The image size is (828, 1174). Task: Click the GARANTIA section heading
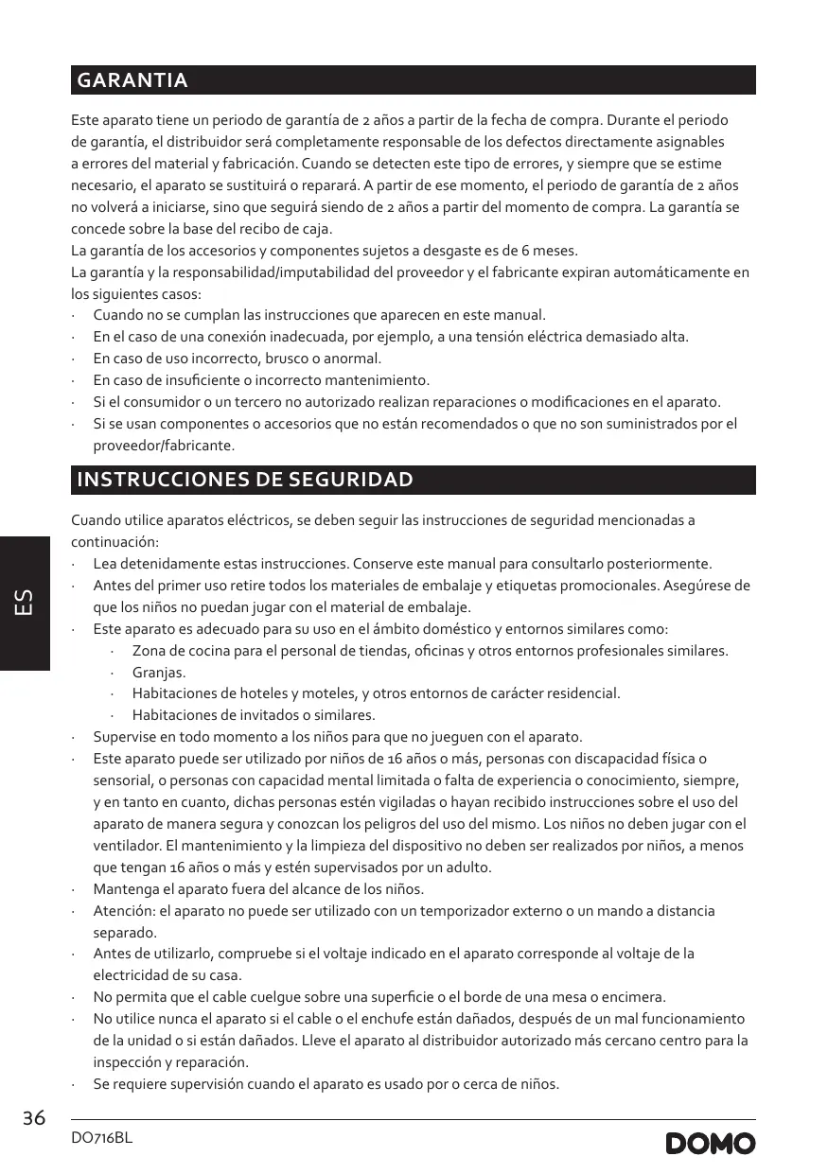[132, 80]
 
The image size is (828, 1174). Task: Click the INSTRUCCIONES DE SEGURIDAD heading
[245, 480]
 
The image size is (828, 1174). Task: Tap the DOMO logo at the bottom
[711, 1143]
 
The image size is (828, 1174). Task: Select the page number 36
[34, 1118]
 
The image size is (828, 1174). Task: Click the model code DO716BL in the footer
[102, 1138]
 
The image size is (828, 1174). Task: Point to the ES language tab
[25, 604]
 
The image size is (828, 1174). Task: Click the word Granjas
[158, 673]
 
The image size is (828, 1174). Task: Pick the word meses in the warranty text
[555, 251]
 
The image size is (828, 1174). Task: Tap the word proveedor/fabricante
[164, 445]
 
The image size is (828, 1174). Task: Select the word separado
[124, 932]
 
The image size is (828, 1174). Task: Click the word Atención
[124, 910]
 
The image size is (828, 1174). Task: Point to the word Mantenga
[126, 889]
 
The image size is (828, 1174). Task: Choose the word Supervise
[127, 736]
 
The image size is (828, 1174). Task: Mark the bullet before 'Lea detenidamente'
[74, 565]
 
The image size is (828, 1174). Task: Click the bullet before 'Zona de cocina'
[113, 652]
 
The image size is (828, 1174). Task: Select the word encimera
[635, 997]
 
